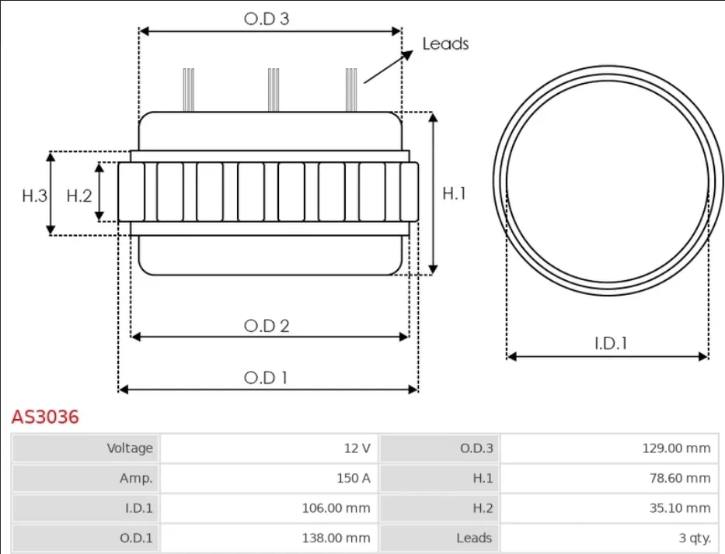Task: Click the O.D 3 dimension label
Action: tap(267, 19)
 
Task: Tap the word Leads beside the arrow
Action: tap(445, 44)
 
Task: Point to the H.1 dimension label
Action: tap(454, 193)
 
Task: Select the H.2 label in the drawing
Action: tap(79, 196)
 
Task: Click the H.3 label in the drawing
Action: tap(35, 196)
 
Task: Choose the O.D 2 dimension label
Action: tap(267, 326)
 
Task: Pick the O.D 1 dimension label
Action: tap(266, 378)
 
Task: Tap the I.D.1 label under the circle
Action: tap(610, 343)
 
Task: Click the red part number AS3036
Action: tap(45, 417)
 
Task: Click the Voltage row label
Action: tap(130, 448)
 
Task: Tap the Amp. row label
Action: tap(136, 478)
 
